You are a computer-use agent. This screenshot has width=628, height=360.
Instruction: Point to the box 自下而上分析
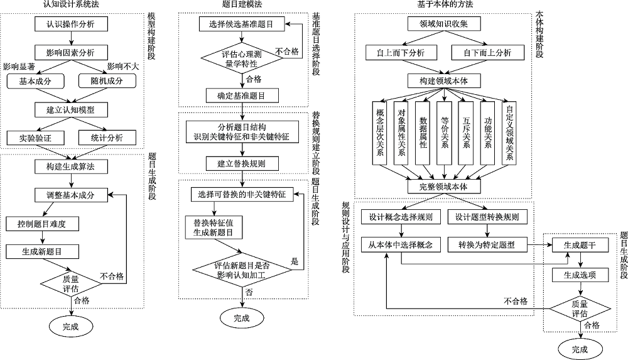point(487,52)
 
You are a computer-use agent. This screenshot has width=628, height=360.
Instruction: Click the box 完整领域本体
point(443,187)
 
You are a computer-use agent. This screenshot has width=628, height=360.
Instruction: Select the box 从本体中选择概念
point(400,244)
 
